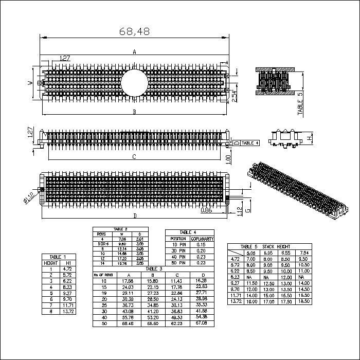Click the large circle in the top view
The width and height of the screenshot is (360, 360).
point(134,81)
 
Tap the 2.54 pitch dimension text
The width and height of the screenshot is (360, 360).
point(234,96)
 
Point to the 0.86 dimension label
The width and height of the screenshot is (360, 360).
point(206,210)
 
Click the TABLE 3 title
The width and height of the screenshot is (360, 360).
point(154,269)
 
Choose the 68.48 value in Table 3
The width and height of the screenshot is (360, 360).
point(128,324)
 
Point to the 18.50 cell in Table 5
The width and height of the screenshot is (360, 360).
point(304,301)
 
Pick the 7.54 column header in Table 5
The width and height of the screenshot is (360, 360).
point(304,253)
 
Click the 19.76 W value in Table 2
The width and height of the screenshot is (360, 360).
point(122,263)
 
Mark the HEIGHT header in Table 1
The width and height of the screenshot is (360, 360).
point(50,263)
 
